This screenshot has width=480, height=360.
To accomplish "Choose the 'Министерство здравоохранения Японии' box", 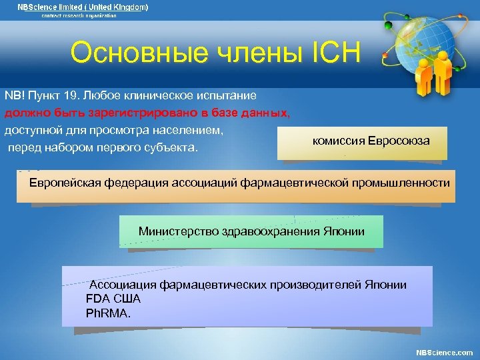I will [x=251, y=231].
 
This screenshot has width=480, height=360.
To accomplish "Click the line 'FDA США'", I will [x=113, y=299].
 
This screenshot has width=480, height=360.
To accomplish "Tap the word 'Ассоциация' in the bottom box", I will [x=123, y=285].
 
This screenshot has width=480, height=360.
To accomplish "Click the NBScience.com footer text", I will [x=444, y=352].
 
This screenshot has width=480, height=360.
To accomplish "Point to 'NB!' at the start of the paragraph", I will [x=14, y=96].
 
